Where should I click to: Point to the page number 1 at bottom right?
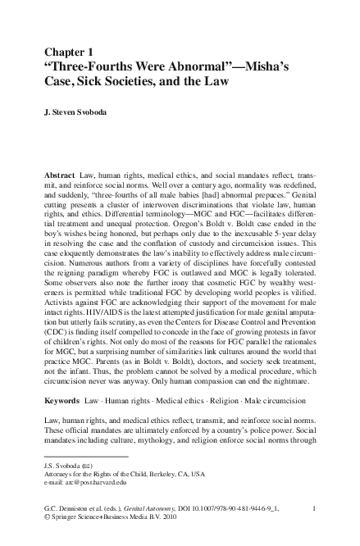(315, 509)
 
